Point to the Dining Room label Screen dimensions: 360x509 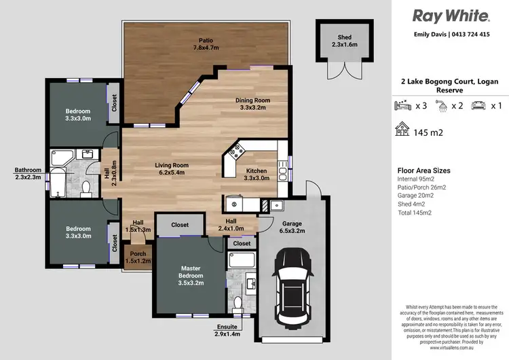pos(252,104)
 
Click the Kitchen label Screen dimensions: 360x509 pos(257,174)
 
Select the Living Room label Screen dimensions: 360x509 pos(172,169)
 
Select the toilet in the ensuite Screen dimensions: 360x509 pos(238,301)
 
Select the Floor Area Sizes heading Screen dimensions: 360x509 pos(423,170)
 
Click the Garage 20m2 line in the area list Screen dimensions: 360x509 pos(415,196)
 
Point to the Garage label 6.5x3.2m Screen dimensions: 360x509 pos(293,228)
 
